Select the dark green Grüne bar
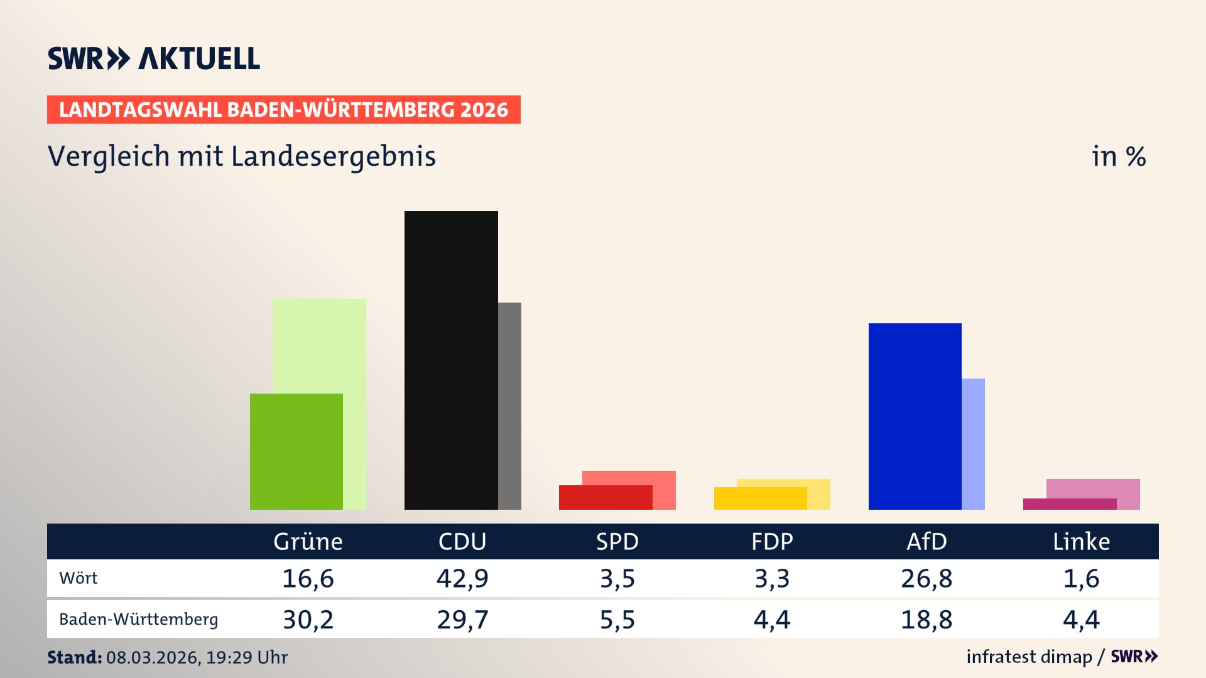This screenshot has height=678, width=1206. (x=296, y=451)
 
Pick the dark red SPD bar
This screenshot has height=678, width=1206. (x=605, y=497)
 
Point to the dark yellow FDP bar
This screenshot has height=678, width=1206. (x=760, y=498)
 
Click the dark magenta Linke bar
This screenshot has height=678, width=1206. (x=1069, y=504)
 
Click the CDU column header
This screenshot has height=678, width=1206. (x=462, y=541)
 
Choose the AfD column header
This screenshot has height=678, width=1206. (x=926, y=541)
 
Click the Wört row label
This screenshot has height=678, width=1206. (x=79, y=578)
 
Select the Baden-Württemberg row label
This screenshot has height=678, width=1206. (x=138, y=620)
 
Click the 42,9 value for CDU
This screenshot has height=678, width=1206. (x=462, y=578)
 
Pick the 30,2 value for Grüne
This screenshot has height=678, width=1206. (x=308, y=620)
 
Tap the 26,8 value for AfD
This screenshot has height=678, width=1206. (x=926, y=578)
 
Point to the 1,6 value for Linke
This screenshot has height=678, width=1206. (x=1081, y=578)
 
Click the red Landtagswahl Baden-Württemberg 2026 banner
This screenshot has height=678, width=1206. (x=283, y=109)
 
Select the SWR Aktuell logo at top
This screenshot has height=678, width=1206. (x=154, y=58)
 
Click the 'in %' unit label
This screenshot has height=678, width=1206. (x=1119, y=156)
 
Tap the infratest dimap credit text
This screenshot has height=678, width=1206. (x=1029, y=657)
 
